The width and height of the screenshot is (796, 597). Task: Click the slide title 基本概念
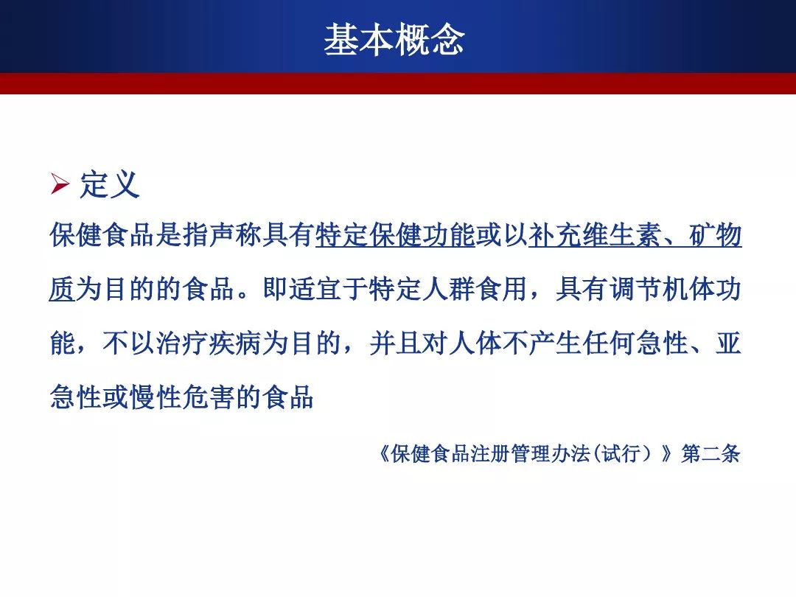tap(394, 39)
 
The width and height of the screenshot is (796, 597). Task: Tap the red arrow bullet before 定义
tap(60, 184)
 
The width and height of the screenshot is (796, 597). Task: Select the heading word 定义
tap(109, 184)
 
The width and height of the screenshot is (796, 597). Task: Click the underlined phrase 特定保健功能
tap(395, 235)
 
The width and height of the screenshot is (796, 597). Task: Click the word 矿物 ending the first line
tap(715, 235)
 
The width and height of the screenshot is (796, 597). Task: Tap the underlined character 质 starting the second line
tap(63, 290)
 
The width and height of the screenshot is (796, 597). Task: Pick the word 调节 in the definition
tap(635, 290)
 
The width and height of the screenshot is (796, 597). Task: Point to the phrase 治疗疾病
tap(209, 343)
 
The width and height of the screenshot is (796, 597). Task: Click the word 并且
tap(395, 343)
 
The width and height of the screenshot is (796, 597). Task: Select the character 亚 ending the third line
tap(728, 343)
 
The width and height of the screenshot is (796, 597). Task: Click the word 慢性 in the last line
tap(156, 397)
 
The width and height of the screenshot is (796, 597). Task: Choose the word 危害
tap(209, 397)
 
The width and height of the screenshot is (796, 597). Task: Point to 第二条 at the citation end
tap(711, 453)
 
